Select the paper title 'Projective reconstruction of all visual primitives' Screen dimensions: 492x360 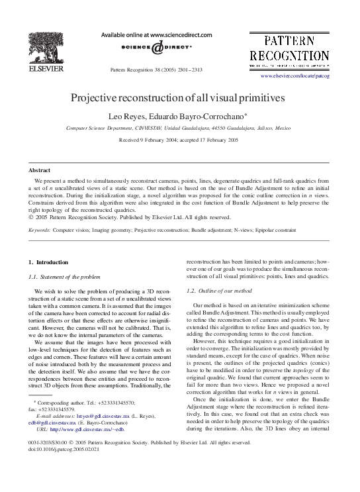(178, 97)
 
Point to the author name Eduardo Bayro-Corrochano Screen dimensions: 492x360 (198, 115)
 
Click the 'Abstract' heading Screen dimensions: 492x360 (41, 170)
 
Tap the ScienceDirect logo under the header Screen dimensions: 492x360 (156, 48)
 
